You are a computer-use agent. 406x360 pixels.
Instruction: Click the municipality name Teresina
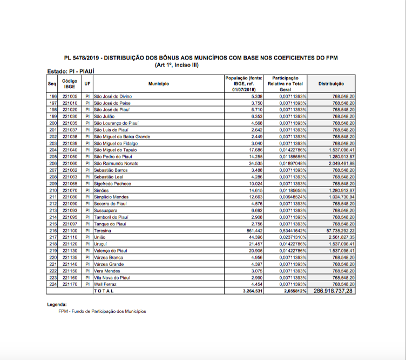tap(103, 230)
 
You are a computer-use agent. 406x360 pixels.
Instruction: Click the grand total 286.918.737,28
tap(330, 291)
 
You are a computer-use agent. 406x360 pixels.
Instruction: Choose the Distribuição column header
tap(330, 84)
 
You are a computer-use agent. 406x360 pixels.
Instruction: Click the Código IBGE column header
tap(69, 84)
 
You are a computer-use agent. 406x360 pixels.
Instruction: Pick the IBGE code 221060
tap(69, 163)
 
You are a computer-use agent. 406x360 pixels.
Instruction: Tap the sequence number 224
tap(53, 284)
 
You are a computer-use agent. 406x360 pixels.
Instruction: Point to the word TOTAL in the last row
tap(105, 291)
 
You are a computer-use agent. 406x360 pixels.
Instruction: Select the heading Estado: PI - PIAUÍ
tap(71, 71)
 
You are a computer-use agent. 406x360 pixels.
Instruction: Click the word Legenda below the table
tap(57, 305)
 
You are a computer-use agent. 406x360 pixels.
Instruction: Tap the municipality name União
tap(100, 237)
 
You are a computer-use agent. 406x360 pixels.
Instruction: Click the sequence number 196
tap(53, 96)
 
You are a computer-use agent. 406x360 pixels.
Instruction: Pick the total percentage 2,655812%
tap(292, 291)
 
